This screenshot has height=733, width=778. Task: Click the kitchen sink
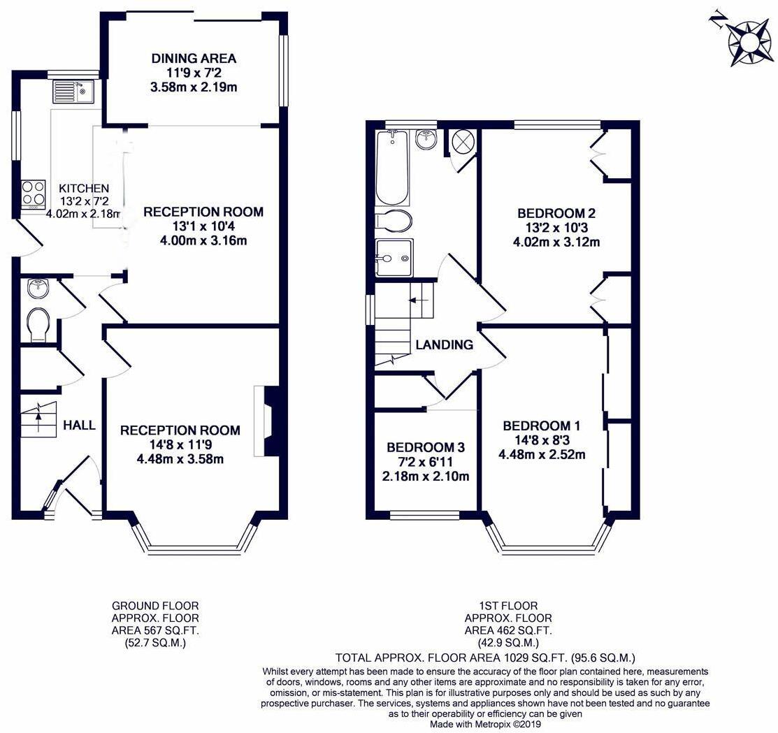pyautogui.click(x=73, y=92)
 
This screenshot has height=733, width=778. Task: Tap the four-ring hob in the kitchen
pyautogui.click(x=34, y=194)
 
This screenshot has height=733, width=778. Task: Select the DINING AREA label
pyautogui.click(x=194, y=59)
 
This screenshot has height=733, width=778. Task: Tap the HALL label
pyautogui.click(x=80, y=425)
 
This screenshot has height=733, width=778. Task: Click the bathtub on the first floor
pyautogui.click(x=392, y=168)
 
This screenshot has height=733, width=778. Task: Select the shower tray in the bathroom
pyautogui.click(x=394, y=258)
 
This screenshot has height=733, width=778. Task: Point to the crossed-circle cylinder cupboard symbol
pyautogui.click(x=463, y=143)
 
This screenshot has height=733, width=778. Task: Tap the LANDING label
pyautogui.click(x=444, y=344)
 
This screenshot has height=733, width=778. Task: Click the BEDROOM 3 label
pyautogui.click(x=426, y=447)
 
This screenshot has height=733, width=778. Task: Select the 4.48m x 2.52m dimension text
pyautogui.click(x=542, y=454)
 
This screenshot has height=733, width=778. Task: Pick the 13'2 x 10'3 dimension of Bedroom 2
pyautogui.click(x=556, y=228)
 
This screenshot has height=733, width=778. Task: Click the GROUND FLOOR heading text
pyautogui.click(x=155, y=606)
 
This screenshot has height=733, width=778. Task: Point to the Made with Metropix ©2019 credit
pyautogui.click(x=485, y=725)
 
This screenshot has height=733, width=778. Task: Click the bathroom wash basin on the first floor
pyautogui.click(x=426, y=139)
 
